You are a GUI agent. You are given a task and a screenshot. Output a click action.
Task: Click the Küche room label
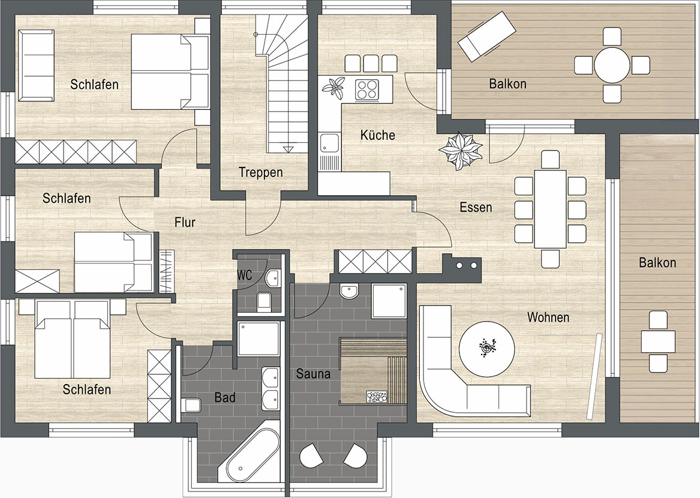(x=378, y=135)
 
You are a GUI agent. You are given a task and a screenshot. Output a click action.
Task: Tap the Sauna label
(x=313, y=373)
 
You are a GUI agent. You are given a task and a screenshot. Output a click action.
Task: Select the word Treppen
(x=261, y=172)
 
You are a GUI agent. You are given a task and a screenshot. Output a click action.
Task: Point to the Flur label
(x=185, y=222)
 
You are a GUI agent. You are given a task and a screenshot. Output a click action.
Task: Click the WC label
(x=244, y=275)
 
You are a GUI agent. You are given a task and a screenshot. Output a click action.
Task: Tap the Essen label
(x=476, y=207)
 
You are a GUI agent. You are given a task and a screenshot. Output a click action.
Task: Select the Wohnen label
(x=548, y=317)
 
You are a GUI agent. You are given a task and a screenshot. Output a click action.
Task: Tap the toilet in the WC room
(x=265, y=301)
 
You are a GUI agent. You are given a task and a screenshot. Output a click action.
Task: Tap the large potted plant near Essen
(x=461, y=151)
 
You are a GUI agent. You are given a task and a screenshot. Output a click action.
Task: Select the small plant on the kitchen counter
(x=334, y=85)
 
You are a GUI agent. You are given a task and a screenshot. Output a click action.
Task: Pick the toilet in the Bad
(x=191, y=405)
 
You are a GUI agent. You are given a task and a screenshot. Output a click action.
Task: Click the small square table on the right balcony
(x=658, y=342)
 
